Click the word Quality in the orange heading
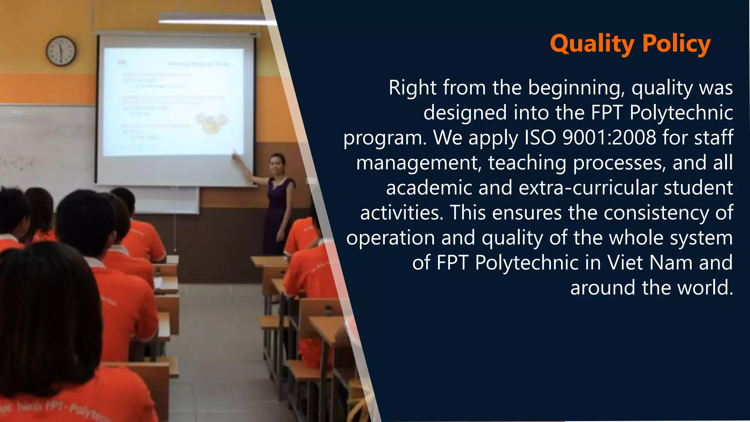[x=592, y=44]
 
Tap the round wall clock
[x=61, y=51]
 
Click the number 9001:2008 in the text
[x=609, y=138]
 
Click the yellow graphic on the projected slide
[x=212, y=123]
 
